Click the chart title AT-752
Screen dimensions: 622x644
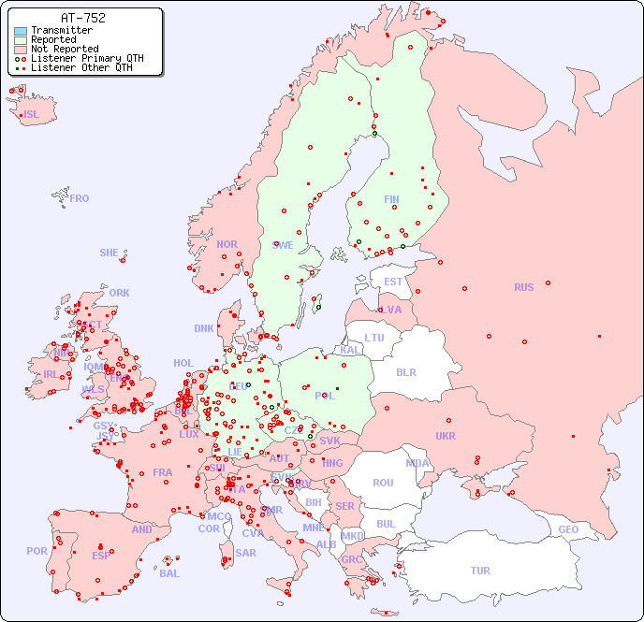point(82,18)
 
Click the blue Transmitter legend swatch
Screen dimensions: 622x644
point(21,31)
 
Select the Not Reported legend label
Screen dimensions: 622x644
point(65,49)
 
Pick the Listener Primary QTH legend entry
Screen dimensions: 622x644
point(80,58)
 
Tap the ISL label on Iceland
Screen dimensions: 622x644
point(32,115)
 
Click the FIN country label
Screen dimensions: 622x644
point(391,199)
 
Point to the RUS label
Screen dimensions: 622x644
point(523,287)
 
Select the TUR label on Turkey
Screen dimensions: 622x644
point(480,571)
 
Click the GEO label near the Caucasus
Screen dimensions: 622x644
point(568,529)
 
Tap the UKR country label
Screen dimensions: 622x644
point(446,436)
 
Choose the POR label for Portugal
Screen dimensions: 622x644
point(37,551)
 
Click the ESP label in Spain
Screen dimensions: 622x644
point(101,556)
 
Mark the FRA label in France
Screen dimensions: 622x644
point(163,472)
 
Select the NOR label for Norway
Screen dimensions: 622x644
point(227,244)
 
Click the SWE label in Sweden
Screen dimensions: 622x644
point(283,245)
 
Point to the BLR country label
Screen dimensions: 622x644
point(406,371)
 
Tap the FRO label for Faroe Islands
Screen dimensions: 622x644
point(80,198)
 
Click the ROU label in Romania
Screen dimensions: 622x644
point(383,483)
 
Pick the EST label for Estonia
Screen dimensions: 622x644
point(393,282)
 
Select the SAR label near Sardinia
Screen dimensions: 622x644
point(246,553)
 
